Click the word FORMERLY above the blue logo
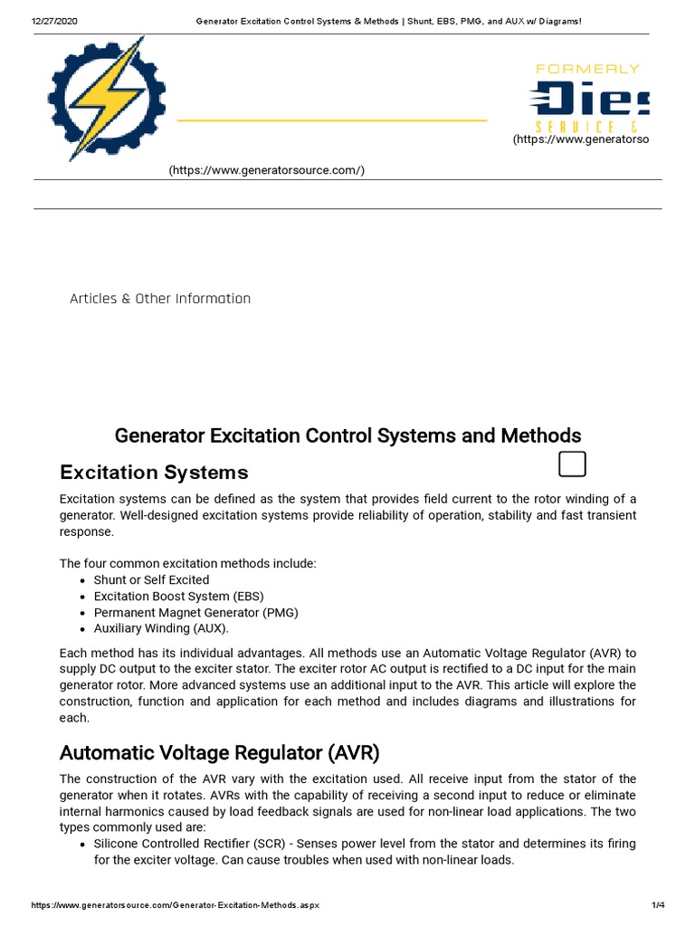pyautogui.click(x=587, y=69)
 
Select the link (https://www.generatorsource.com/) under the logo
pyautogui.click(x=266, y=171)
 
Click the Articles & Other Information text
pyautogui.click(x=160, y=299)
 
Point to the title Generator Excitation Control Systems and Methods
pyautogui.click(x=347, y=435)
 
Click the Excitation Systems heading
pyautogui.click(x=154, y=473)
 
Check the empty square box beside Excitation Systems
pyautogui.click(x=572, y=463)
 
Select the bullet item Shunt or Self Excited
pyautogui.click(x=151, y=579)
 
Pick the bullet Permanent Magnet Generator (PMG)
pyautogui.click(x=195, y=612)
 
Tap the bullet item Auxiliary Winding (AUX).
pyautogui.click(x=161, y=628)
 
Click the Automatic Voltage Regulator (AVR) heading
pyautogui.click(x=219, y=752)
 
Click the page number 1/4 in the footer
pyautogui.click(x=657, y=905)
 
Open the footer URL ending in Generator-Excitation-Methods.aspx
pyautogui.click(x=175, y=905)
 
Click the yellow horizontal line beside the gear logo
pyautogui.click(x=331, y=119)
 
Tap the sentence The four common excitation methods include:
pyautogui.click(x=187, y=563)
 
